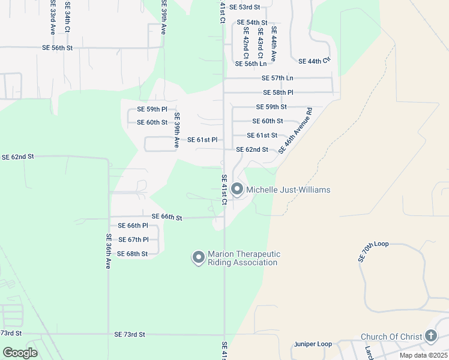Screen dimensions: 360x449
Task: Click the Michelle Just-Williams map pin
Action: (237, 190)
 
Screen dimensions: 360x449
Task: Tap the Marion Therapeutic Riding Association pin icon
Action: (198, 257)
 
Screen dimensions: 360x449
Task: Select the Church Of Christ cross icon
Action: (430, 336)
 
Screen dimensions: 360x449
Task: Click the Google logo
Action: (20, 352)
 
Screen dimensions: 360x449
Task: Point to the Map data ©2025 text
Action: (423, 355)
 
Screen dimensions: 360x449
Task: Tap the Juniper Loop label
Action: (313, 344)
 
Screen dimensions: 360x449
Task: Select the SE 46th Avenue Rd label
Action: (297, 131)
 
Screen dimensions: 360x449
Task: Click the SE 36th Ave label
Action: (109, 251)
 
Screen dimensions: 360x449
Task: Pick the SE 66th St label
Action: (167, 217)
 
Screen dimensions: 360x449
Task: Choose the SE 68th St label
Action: (133, 254)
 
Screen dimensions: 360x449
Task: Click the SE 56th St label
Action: (57, 47)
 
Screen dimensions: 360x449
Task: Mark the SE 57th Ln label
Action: (277, 78)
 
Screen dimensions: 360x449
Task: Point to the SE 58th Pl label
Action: (278, 93)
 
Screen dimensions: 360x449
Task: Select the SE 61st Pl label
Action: (202, 140)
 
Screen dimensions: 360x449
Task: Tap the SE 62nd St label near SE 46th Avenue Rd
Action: (252, 149)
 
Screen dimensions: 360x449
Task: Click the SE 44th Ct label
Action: (315, 61)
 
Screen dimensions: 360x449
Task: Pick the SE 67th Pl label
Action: (133, 239)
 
